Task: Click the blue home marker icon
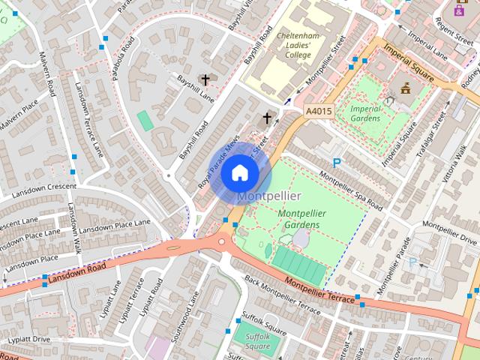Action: pyautogui.click(x=239, y=172)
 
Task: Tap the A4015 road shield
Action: pyautogui.click(x=318, y=111)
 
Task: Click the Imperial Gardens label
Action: pyautogui.click(x=366, y=113)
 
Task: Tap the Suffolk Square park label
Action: pyautogui.click(x=257, y=341)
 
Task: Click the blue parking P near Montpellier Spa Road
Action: pyautogui.click(x=337, y=162)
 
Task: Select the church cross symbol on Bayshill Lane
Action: pyautogui.click(x=205, y=79)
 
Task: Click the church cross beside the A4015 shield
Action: pyautogui.click(x=266, y=118)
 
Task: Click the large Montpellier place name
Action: pyautogui.click(x=269, y=196)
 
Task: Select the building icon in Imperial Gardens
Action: pyautogui.click(x=406, y=87)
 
